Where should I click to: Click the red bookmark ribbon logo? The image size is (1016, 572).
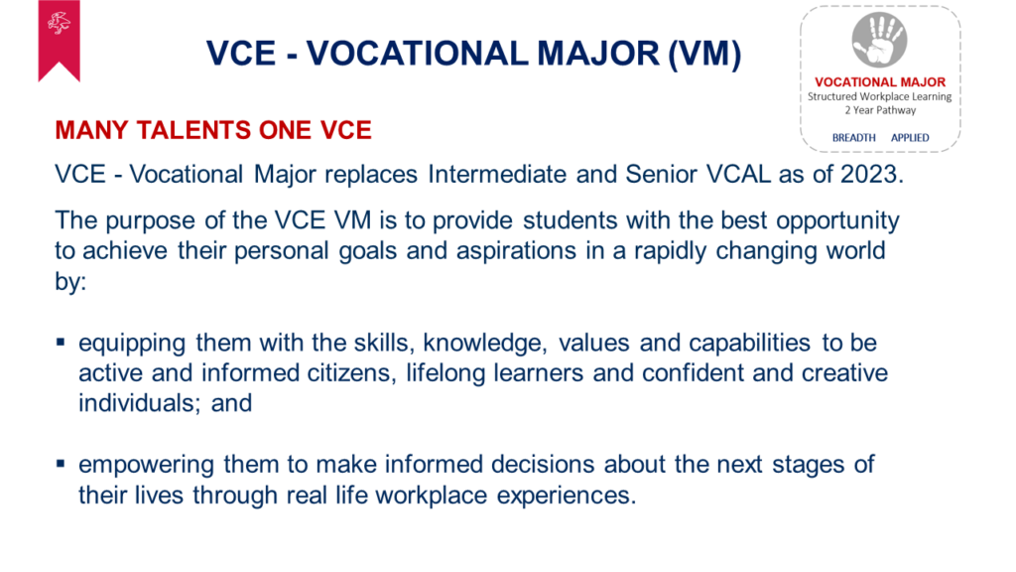pos(59,39)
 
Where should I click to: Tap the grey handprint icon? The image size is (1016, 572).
pos(879,40)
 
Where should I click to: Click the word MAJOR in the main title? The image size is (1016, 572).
pos(597,54)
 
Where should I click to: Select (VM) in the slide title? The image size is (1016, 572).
pos(704,54)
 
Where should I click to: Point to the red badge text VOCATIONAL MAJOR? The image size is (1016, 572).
pos(880,82)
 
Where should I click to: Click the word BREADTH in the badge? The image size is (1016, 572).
pos(853,137)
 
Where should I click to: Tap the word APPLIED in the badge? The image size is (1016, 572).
pos(910,137)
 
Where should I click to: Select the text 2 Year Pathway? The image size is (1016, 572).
pos(880,110)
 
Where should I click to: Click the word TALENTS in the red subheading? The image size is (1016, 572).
pos(194,130)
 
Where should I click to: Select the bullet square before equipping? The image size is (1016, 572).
pos(61,342)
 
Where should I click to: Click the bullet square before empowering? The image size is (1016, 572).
pos(61,463)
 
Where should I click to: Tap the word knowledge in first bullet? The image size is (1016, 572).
pos(484,343)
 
